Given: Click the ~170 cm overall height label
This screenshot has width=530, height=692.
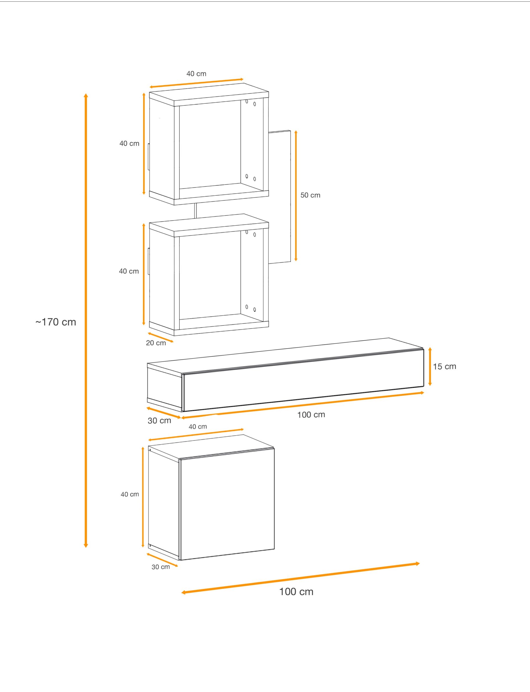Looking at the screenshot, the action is click(56, 322).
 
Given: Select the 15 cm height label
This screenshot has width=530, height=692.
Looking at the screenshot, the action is click(444, 367).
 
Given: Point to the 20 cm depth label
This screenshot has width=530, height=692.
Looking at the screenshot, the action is click(156, 343).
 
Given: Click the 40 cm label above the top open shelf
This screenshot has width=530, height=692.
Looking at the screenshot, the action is click(196, 74).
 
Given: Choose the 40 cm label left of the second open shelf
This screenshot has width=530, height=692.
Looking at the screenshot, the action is click(129, 271).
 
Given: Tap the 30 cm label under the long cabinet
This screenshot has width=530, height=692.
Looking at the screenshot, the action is click(159, 421).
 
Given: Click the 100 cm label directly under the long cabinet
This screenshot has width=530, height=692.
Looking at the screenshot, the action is click(311, 415).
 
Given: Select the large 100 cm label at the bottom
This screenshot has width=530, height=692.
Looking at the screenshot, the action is click(296, 592).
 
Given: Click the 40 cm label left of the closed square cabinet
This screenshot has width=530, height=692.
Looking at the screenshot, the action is click(130, 494).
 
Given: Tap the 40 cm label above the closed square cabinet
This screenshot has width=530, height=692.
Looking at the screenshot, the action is click(198, 427).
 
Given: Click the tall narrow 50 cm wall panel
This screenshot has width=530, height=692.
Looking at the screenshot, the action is click(280, 197).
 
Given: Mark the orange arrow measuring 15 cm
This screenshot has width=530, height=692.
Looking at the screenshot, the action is click(430, 367).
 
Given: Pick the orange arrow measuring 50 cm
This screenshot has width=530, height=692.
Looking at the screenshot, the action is click(296, 195).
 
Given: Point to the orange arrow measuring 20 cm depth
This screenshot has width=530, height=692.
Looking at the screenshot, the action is click(160, 337).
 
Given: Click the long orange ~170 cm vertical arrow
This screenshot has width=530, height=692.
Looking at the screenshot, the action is click(86, 320).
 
